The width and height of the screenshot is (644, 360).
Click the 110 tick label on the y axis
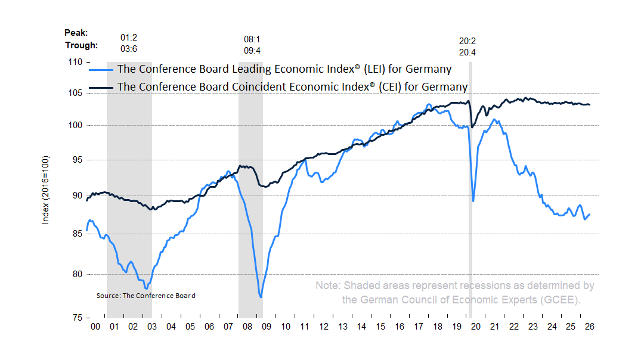coord(75,62)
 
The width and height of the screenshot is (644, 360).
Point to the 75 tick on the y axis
coord(88,318)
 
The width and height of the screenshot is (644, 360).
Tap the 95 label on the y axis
coord(77,160)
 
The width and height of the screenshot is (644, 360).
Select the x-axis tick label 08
coord(247,327)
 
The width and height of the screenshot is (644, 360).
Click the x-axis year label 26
coord(589,327)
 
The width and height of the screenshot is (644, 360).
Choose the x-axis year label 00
coord(95,327)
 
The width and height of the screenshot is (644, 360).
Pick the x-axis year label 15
coord(380,327)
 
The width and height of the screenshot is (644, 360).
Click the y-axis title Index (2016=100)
coord(45,190)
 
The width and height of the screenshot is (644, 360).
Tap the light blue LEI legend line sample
coord(101,70)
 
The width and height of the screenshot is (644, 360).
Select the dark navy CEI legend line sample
coord(101,88)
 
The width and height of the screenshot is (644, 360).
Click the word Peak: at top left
coord(76,33)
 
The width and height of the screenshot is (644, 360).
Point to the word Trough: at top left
coord(81,45)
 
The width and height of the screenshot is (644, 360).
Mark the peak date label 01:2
coord(129,38)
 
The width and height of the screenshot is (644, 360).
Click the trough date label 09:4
coord(252,51)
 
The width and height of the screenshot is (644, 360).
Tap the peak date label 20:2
coord(467,41)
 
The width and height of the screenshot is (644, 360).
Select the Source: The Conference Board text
coord(146,296)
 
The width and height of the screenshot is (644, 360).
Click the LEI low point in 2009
coord(261,297)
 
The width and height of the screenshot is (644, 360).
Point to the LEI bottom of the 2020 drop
coord(473,201)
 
